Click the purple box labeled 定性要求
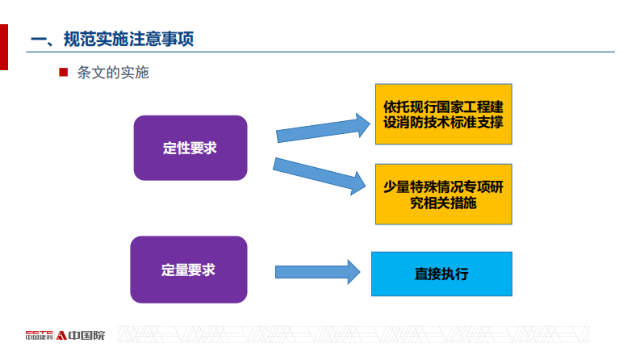190,148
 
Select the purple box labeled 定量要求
188,270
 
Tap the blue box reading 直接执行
441,274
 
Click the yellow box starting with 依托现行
443,114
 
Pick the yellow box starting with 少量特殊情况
443,194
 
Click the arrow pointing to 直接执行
316,272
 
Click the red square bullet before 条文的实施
63,73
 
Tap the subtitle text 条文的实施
113,73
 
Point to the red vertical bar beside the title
3,47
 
